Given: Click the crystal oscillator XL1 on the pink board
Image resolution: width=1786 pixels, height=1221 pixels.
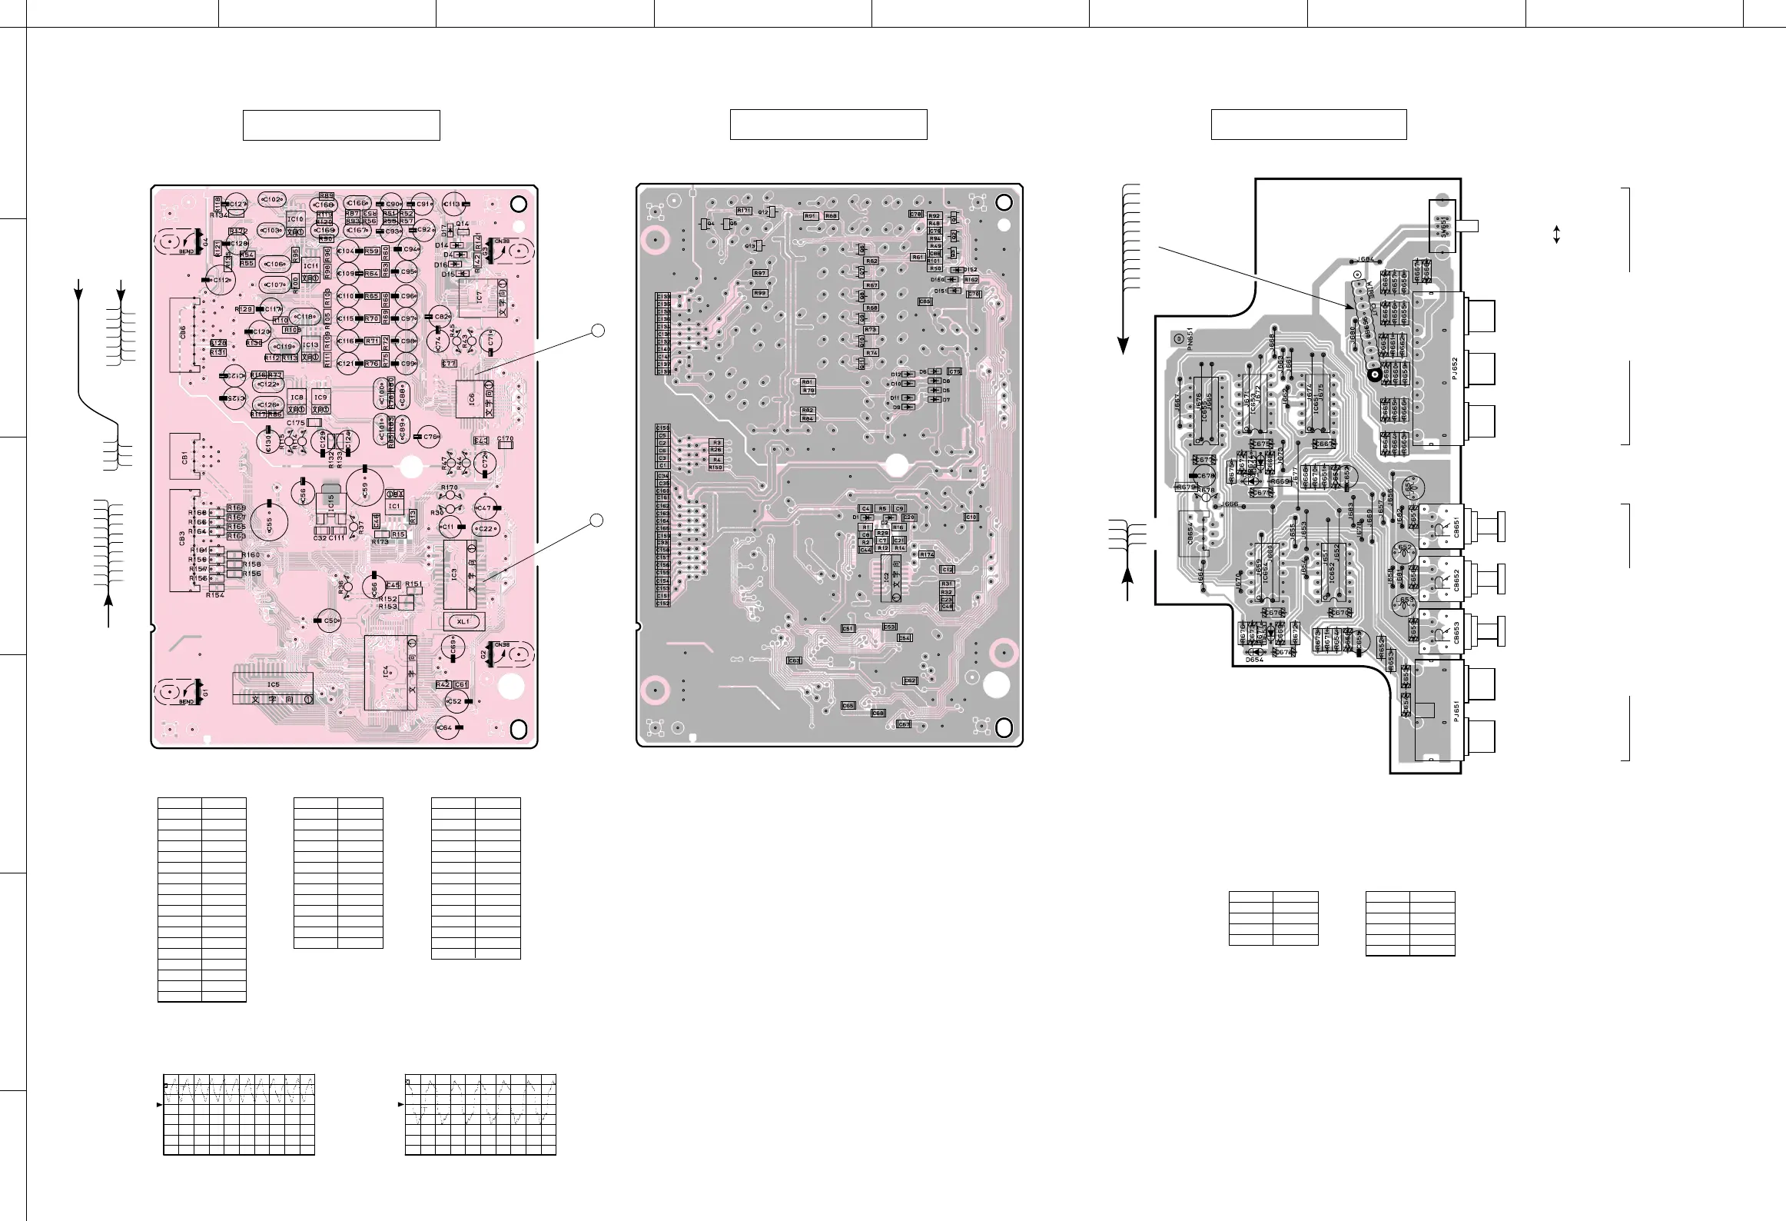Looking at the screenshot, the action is coord(463,620).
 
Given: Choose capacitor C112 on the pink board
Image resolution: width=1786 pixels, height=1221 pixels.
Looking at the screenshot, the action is coord(221,280).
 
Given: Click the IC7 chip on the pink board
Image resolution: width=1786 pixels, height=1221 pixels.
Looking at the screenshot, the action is coord(480,296).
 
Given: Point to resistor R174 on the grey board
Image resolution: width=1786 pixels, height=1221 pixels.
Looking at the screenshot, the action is coord(927,554).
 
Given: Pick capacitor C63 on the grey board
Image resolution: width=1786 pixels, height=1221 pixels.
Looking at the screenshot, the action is coord(795,660).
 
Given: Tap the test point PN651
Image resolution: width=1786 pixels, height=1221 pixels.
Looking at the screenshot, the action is coord(1177,338).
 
